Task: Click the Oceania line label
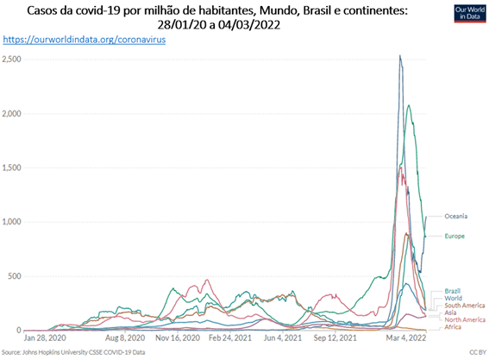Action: click(455, 216)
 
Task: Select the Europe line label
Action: click(455, 236)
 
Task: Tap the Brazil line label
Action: click(453, 291)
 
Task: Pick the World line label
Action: click(453, 298)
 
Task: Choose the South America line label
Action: click(465, 306)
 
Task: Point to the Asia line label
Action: click(450, 313)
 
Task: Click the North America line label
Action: click(465, 319)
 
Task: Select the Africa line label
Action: click(453, 327)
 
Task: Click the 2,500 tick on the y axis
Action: click(11, 59)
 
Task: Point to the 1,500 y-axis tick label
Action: click(11, 167)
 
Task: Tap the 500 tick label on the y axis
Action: click(15, 276)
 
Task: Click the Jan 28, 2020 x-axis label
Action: click(45, 338)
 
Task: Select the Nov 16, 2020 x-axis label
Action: click(178, 338)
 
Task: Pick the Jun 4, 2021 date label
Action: click(283, 338)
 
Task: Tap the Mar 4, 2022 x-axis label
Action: click(406, 338)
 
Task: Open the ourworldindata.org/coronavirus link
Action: click(85, 40)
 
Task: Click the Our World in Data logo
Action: click(470, 14)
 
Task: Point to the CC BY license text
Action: click(478, 352)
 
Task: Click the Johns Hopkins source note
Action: click(73, 352)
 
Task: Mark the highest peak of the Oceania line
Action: click(400, 55)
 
